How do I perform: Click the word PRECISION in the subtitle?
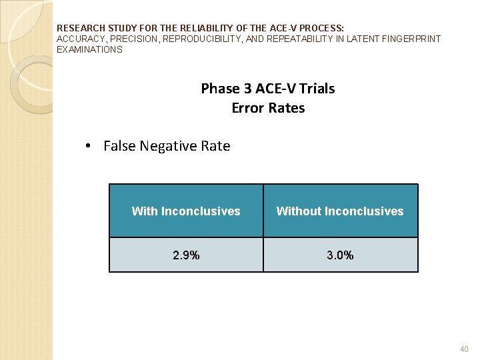(x=131, y=39)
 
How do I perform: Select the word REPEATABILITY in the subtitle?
(x=298, y=39)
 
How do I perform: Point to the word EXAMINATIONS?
(x=89, y=49)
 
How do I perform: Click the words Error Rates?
(x=268, y=108)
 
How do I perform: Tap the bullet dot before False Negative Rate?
(x=89, y=147)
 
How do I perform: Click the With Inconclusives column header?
(x=186, y=211)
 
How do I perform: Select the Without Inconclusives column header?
(x=340, y=211)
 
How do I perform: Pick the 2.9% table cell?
(x=186, y=255)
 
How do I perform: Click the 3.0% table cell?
(x=340, y=255)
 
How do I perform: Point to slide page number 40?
(x=464, y=349)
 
